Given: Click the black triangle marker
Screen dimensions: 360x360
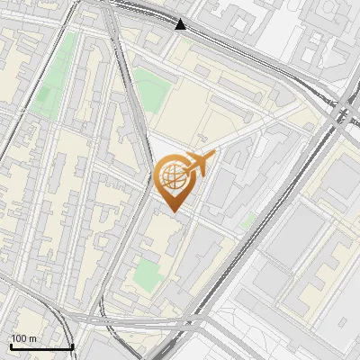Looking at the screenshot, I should [181, 24].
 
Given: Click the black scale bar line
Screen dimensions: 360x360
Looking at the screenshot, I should [41, 346].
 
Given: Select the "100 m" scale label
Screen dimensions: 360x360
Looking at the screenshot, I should [23, 338].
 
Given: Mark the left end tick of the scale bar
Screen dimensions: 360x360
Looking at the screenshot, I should [11, 345].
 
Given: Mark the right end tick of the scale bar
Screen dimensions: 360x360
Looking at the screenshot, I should [72, 345].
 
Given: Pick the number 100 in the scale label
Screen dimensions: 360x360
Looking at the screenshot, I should [19, 338].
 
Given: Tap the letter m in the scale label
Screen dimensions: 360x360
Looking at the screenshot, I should [32, 338].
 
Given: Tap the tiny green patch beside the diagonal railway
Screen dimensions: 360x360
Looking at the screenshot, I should [250, 219].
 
